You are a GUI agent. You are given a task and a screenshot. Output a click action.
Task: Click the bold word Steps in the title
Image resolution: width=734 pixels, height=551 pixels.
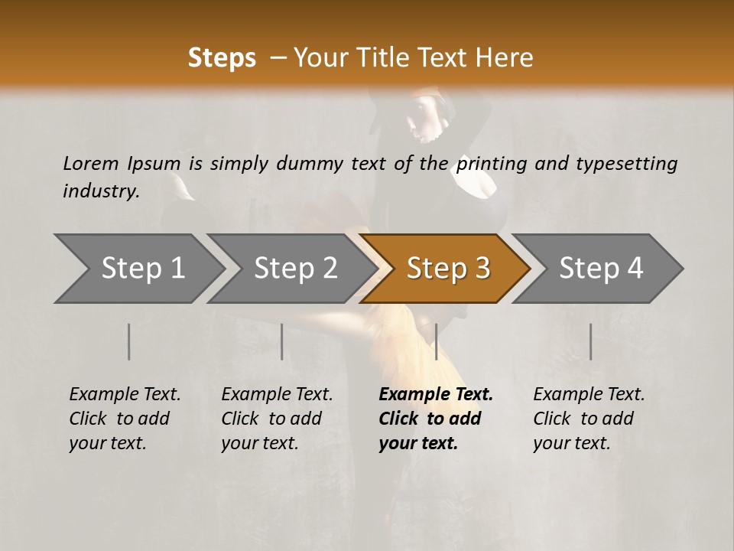click(222, 58)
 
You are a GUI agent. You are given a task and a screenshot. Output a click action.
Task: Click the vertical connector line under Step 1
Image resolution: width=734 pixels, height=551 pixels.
click(129, 341)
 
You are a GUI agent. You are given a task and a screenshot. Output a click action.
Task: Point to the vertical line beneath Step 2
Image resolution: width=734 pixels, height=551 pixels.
click(282, 341)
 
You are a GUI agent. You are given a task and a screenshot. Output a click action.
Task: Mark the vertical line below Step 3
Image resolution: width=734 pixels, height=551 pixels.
click(436, 341)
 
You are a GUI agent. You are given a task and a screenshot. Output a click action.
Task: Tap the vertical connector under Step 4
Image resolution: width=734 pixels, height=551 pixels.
click(590, 341)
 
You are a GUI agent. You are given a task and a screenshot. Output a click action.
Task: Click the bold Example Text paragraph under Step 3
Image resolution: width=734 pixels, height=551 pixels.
click(436, 419)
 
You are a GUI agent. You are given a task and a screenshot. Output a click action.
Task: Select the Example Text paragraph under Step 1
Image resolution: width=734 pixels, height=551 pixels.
click(125, 419)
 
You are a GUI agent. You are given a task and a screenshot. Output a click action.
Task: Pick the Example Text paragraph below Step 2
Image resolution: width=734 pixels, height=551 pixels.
click(277, 419)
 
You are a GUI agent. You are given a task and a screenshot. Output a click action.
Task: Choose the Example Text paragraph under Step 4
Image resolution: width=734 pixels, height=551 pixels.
click(589, 419)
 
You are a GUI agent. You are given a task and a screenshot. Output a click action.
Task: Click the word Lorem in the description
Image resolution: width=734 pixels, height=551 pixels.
click(90, 163)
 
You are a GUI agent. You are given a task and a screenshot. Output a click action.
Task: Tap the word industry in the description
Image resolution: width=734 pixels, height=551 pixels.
click(100, 191)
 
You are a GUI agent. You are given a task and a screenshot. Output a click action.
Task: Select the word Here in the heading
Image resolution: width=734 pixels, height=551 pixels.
click(508, 58)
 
